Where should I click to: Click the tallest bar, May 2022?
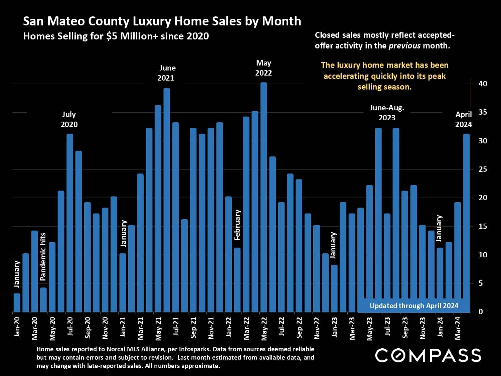tap(264, 197)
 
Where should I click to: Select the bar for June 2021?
tap(167, 201)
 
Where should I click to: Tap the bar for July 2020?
tap(70, 223)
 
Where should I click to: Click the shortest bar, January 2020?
tap(17, 303)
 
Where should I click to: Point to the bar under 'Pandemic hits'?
tap(43, 300)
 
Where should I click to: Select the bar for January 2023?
tap(334, 288)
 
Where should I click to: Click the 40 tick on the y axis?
tap(483, 84)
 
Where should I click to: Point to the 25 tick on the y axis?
tap(483, 169)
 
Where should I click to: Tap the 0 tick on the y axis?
tap(481, 312)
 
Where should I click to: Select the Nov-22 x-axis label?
tap(317, 328)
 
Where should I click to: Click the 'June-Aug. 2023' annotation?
tap(387, 113)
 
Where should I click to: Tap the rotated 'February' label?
tap(237, 225)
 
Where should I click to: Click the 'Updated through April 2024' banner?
tap(414, 306)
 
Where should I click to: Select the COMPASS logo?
tap(428, 355)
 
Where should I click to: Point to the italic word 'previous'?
tap(404, 46)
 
